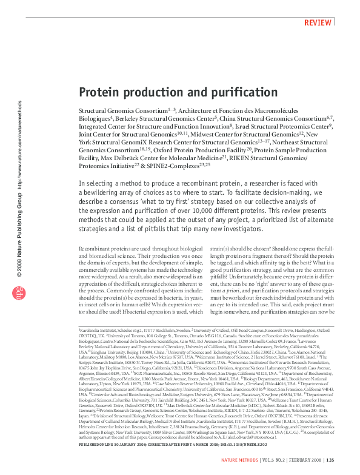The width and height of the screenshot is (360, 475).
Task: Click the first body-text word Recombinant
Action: (98, 250)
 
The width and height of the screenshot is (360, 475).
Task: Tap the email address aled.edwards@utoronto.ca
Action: (288, 436)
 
